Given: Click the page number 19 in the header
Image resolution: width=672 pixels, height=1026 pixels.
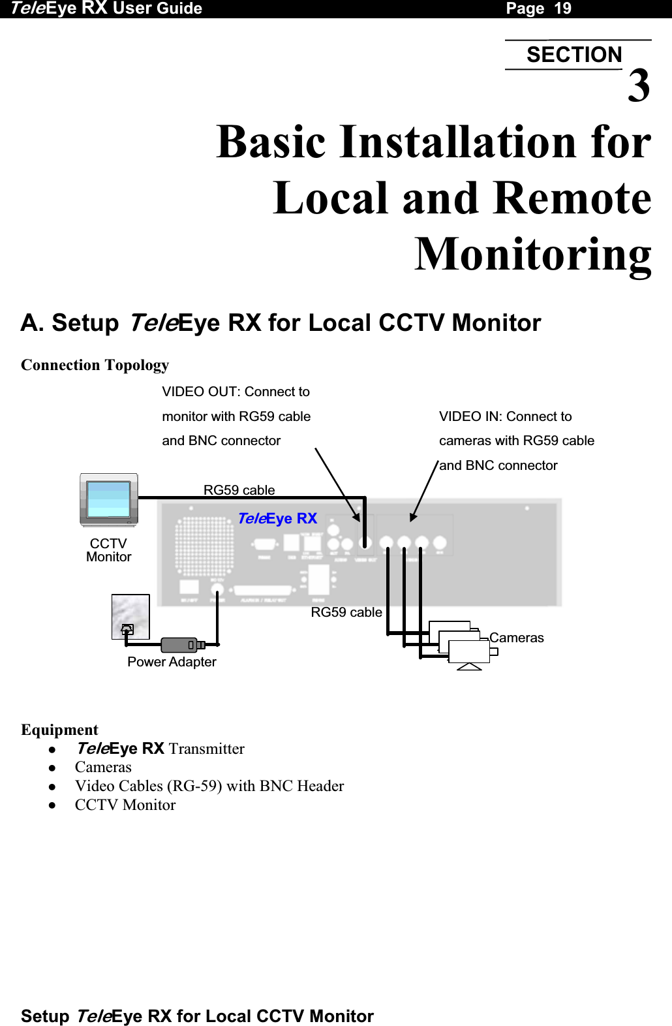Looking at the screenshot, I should pos(562,8).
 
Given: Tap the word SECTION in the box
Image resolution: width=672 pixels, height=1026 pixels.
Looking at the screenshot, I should pos(574,55).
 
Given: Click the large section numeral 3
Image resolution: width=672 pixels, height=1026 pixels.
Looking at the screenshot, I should pos(639,86).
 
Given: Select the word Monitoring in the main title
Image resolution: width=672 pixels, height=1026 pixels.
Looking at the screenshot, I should pos(533,255).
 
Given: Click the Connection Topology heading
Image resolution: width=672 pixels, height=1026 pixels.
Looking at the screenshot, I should pos(95,365).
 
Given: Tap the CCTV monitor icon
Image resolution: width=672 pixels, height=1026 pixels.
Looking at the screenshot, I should pos(109,500).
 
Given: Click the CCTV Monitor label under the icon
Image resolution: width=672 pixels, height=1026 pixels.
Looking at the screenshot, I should pos(109,550).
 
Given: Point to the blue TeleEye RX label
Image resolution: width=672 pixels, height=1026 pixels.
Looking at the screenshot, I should pos(277,518).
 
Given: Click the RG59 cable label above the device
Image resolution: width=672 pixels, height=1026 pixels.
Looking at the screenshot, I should pos(239,490).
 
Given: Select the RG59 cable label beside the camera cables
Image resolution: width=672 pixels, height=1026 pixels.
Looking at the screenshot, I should pos(346,612).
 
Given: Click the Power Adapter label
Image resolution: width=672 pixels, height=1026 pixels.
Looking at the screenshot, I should pos(172,662).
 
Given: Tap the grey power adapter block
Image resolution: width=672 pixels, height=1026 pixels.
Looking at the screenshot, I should pos(179,645).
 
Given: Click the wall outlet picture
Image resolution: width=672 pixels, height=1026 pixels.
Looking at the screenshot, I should pos(130,617).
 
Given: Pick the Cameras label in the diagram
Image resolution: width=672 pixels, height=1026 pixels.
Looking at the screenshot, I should pos(516,638).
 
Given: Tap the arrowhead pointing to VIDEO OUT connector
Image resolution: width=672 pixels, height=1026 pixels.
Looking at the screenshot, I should pos(357,517).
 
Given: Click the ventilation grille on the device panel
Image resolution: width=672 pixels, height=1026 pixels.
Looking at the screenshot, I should pos(204,546).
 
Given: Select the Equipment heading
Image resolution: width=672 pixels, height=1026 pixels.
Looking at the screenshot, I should pos(59,730).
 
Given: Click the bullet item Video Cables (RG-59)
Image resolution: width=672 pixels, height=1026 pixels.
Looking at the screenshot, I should pos(209,786).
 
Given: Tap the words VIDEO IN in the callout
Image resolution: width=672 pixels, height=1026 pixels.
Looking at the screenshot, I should pos(469,416).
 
